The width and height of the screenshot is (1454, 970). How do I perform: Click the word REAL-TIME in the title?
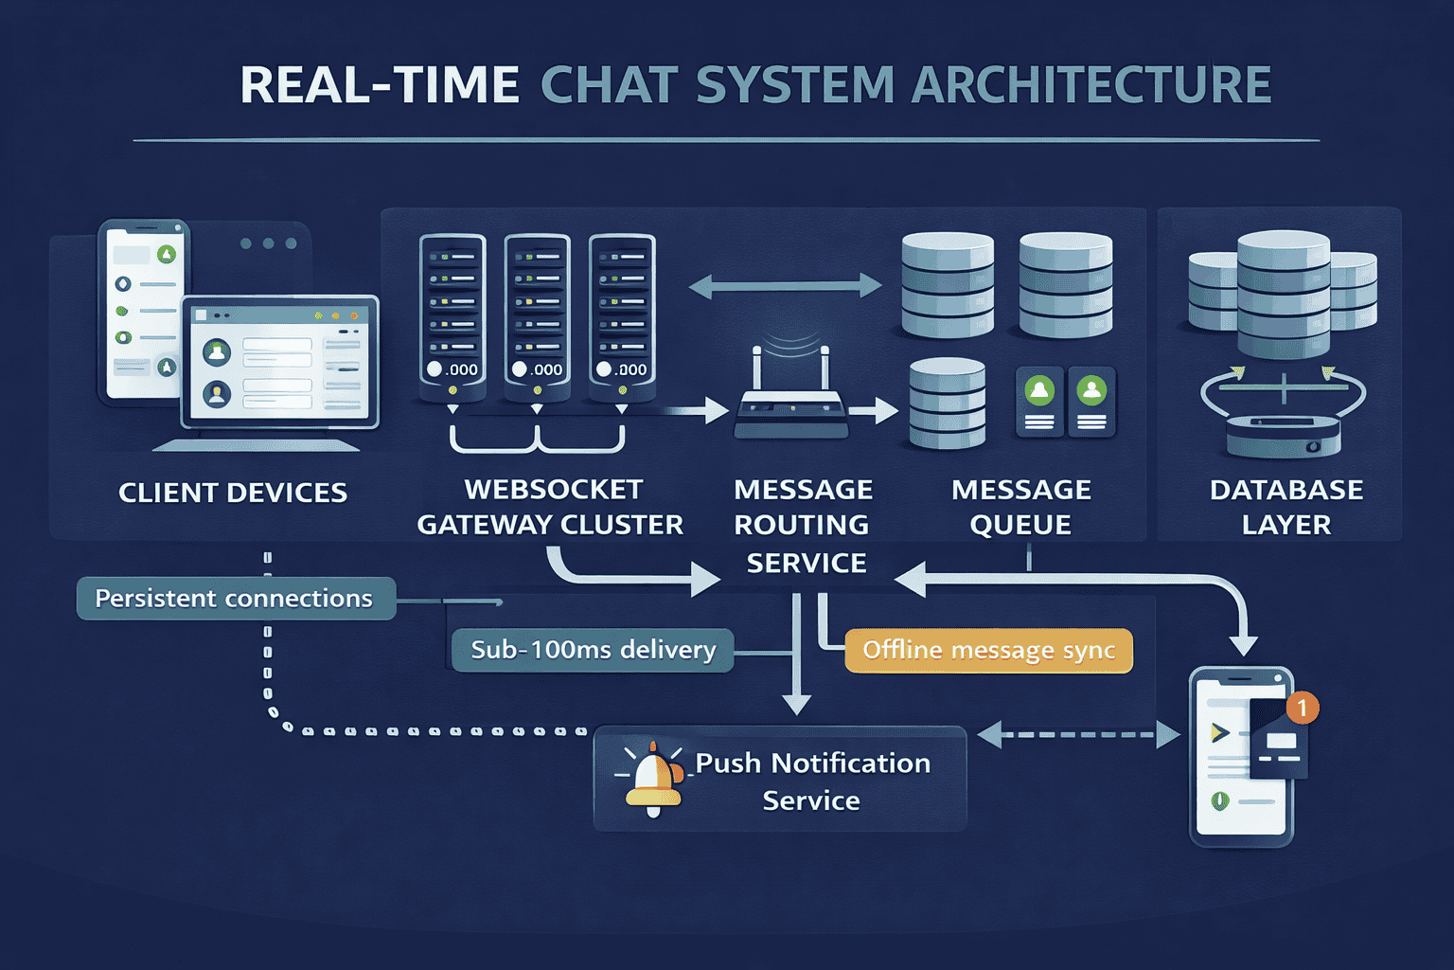[x=379, y=85]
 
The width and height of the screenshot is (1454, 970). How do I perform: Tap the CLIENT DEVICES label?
[x=233, y=493]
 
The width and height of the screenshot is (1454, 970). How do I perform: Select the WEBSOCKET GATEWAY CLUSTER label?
[x=551, y=507]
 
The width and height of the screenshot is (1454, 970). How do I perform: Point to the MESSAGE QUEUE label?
[x=1020, y=507]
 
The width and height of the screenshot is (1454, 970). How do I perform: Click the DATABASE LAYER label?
[x=1286, y=507]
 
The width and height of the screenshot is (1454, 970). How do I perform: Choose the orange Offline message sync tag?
[x=988, y=651]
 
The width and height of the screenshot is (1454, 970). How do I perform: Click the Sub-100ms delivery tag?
[x=594, y=650]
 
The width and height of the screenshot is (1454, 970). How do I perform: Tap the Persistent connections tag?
[x=235, y=599]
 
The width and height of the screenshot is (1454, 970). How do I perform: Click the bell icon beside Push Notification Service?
[x=653, y=780]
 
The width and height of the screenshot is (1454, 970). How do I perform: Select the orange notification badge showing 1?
[x=1303, y=708]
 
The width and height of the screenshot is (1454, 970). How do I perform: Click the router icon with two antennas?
[x=791, y=403]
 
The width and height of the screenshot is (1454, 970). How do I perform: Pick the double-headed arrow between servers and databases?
[x=785, y=285]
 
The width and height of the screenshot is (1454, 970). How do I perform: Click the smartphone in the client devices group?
[x=144, y=313]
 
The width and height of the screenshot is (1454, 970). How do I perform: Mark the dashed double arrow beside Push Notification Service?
[x=1078, y=735]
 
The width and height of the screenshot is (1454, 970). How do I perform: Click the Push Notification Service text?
[x=812, y=781]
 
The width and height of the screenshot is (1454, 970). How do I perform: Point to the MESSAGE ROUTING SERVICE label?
[x=804, y=526]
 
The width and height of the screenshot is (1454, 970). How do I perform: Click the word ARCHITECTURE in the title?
[x=1090, y=85]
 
